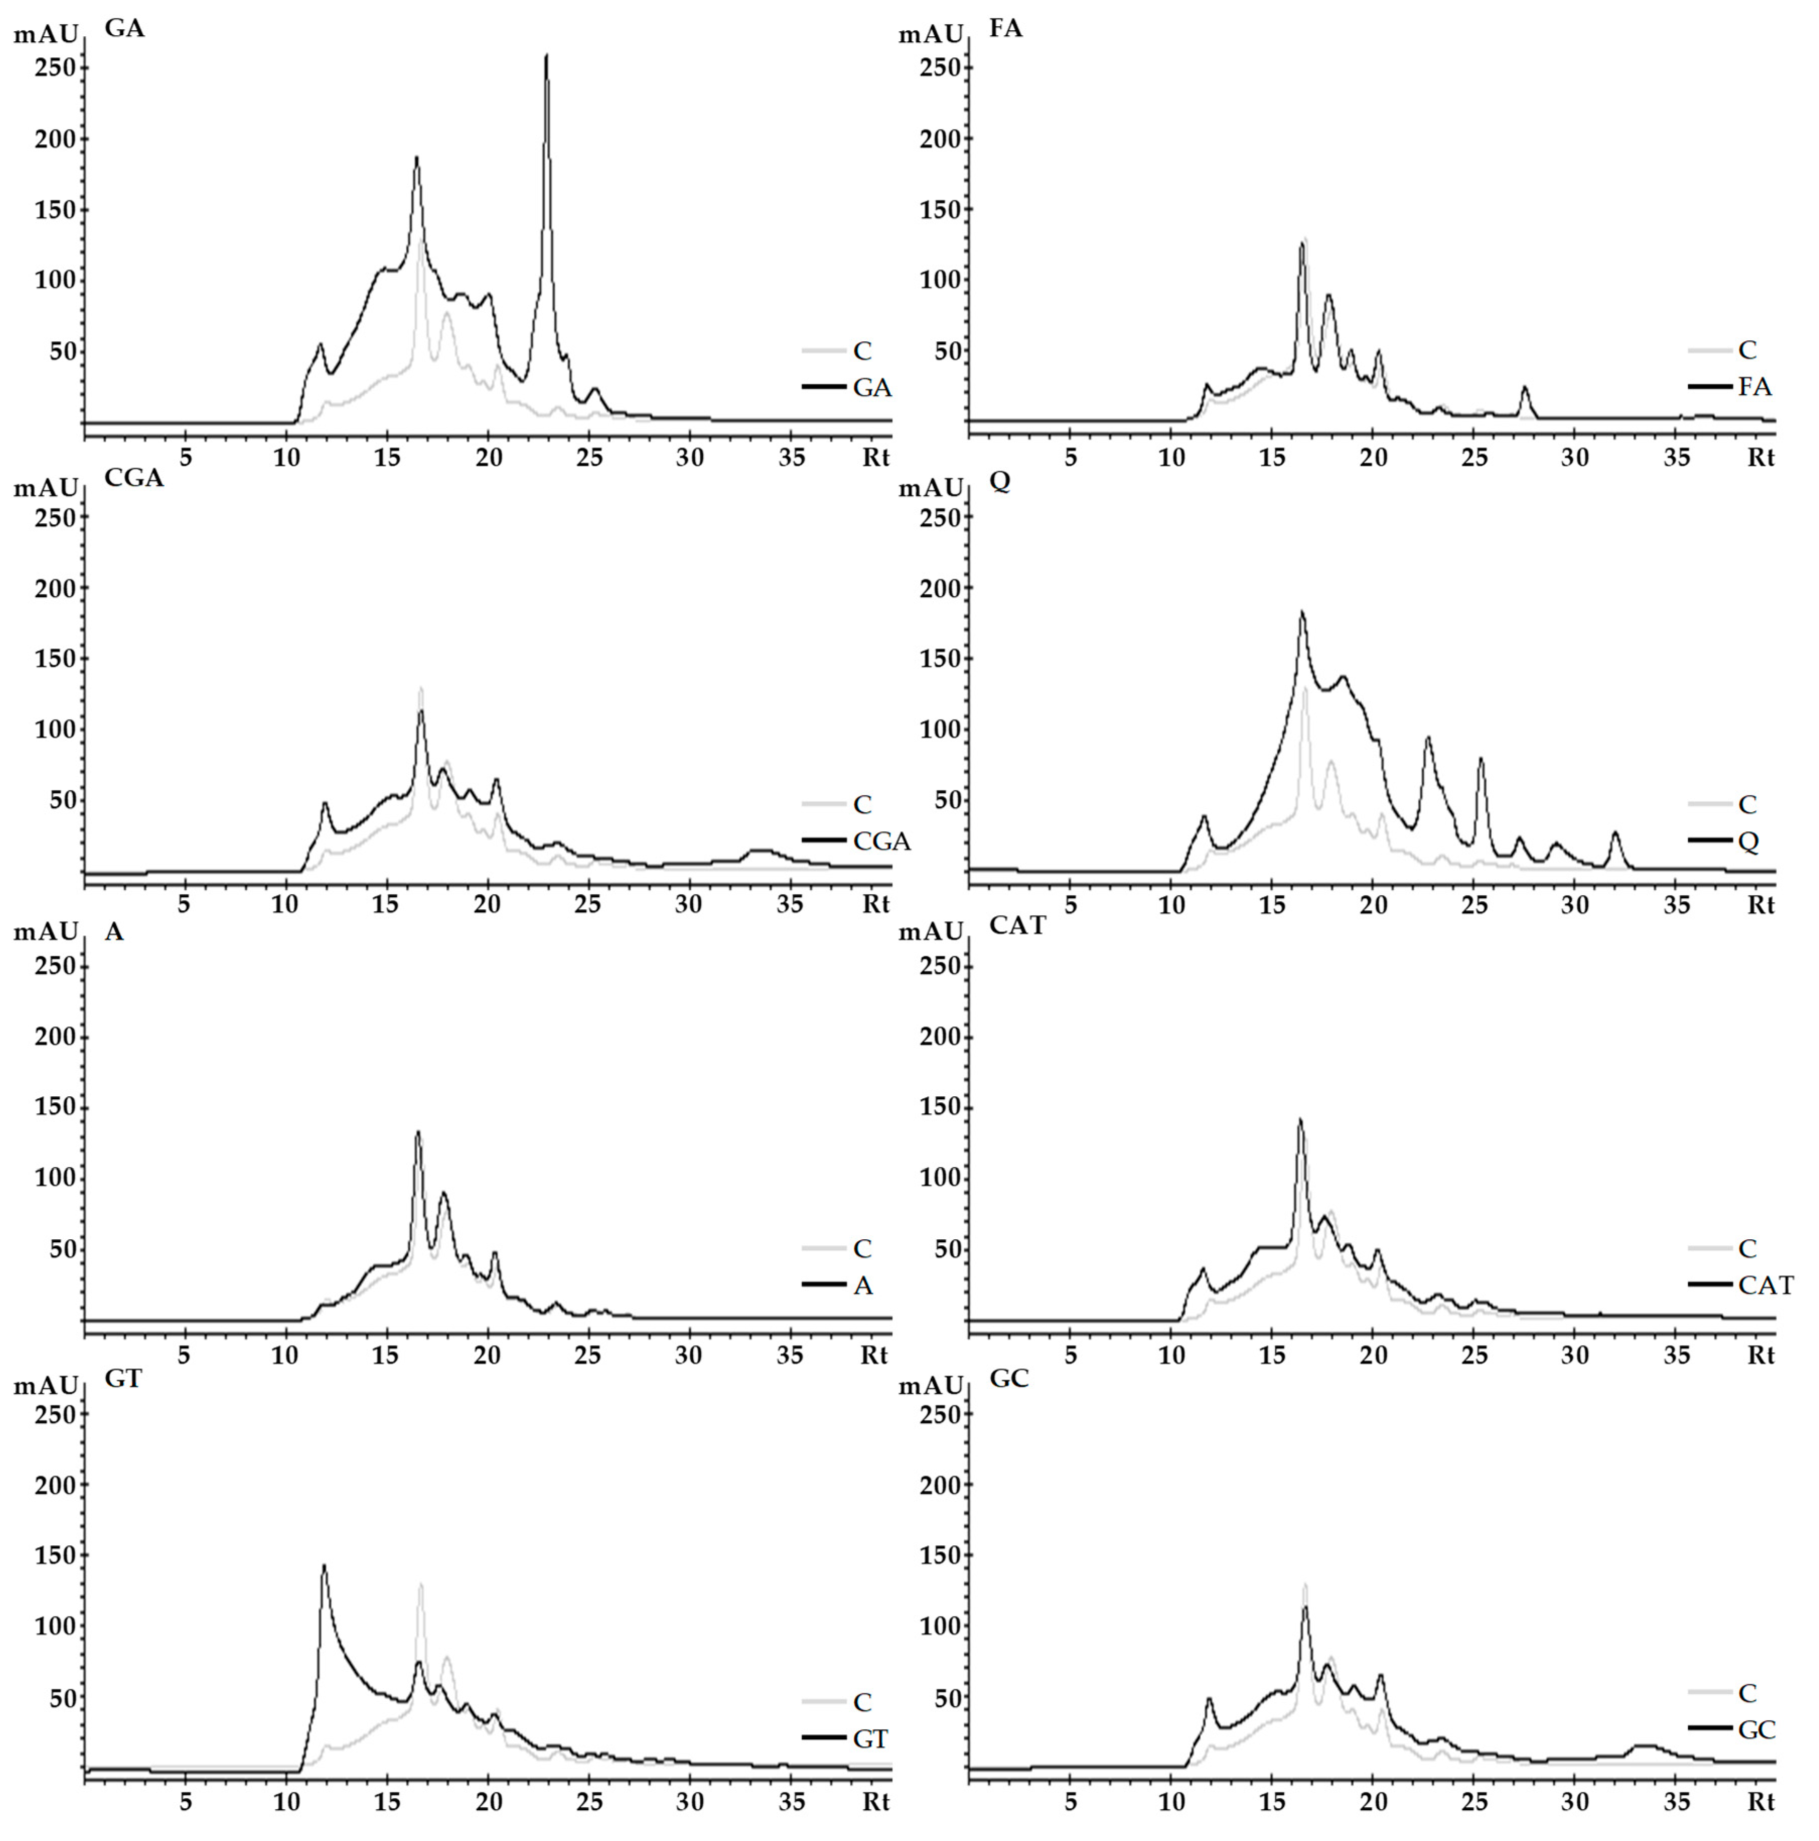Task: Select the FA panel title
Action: coord(1005,29)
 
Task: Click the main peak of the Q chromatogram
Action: coord(1301,613)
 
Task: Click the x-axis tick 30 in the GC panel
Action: coord(1575,1802)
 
